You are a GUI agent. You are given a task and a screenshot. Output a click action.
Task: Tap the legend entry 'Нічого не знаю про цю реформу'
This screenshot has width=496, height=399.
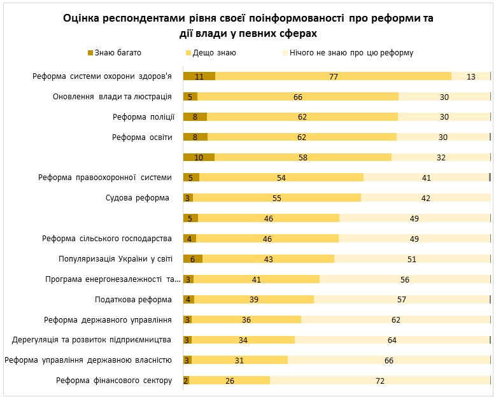pyautogui.click(x=351, y=53)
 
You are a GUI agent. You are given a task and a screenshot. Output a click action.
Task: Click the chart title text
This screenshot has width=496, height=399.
pyautogui.click(x=248, y=26)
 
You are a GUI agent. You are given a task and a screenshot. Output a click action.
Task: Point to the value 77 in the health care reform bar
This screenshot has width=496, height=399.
pyautogui.click(x=333, y=76)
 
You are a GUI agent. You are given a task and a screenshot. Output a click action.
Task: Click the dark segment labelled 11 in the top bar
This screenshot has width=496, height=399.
pyautogui.click(x=199, y=76)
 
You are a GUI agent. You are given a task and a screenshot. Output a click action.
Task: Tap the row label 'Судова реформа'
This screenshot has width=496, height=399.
pyautogui.click(x=138, y=198)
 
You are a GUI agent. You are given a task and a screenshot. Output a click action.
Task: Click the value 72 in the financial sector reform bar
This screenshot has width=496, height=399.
pyautogui.click(x=380, y=381)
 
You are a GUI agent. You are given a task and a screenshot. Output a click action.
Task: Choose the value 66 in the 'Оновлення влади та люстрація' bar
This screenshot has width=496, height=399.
pyautogui.click(x=297, y=97)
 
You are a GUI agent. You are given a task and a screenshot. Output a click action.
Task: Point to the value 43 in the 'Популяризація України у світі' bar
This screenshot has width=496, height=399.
pyautogui.click(x=268, y=259)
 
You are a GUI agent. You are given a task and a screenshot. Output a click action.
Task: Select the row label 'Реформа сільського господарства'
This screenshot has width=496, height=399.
pyautogui.click(x=107, y=239)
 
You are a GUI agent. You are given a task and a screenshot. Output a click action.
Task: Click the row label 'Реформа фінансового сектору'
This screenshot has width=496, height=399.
pyautogui.click(x=114, y=381)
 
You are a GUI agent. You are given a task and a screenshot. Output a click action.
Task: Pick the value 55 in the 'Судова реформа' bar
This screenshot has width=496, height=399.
pyautogui.click(x=276, y=198)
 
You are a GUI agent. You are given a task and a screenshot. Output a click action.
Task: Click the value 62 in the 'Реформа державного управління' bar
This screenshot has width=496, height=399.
pyautogui.click(x=395, y=319)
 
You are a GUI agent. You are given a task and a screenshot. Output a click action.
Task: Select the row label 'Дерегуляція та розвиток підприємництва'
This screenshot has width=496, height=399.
pyautogui.click(x=93, y=340)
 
